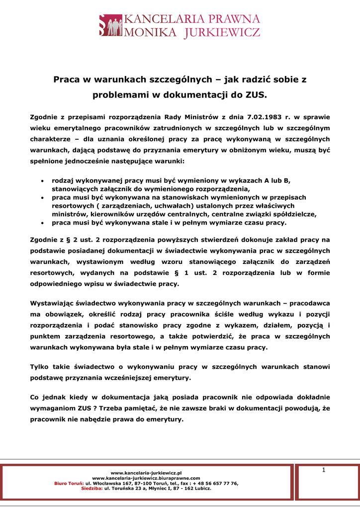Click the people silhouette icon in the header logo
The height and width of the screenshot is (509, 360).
(111, 25)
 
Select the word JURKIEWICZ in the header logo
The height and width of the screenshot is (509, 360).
(222, 33)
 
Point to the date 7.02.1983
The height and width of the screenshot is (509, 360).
(264, 117)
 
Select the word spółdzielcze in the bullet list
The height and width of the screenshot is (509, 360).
(293, 214)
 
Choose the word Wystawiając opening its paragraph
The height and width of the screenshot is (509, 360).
(55, 303)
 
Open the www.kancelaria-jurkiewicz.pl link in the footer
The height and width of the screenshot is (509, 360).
(146, 473)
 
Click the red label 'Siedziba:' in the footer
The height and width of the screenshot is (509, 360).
(92, 488)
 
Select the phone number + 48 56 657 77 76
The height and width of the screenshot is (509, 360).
(216, 483)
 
